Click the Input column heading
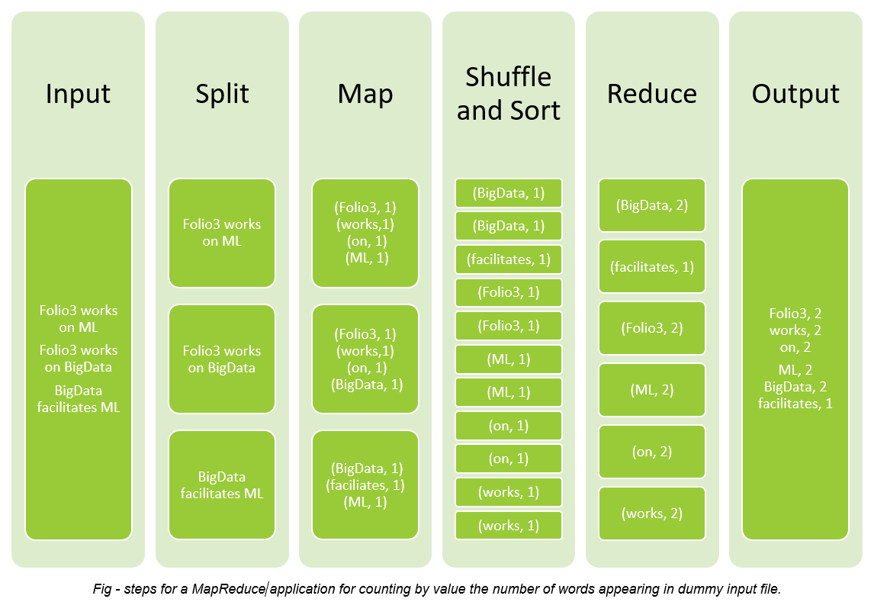tap(78, 94)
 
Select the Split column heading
tap(222, 94)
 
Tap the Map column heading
tap(365, 94)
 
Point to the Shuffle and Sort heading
tap(509, 93)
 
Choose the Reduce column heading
tap(652, 94)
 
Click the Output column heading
tap(795, 94)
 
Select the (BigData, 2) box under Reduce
tap(652, 205)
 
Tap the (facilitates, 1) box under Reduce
tap(652, 267)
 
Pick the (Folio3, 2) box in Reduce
tap(652, 328)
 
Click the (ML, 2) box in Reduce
tap(652, 390)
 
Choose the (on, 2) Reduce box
tap(652, 452)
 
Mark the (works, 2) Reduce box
tap(652, 513)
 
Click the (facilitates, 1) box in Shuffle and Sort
tap(509, 259)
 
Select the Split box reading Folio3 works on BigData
tap(222, 359)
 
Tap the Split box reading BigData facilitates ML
tap(222, 485)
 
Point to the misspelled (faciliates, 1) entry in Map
tap(365, 485)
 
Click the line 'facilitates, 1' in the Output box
tap(795, 404)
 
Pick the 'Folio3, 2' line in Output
tap(795, 314)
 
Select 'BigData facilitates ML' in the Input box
tap(78, 399)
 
